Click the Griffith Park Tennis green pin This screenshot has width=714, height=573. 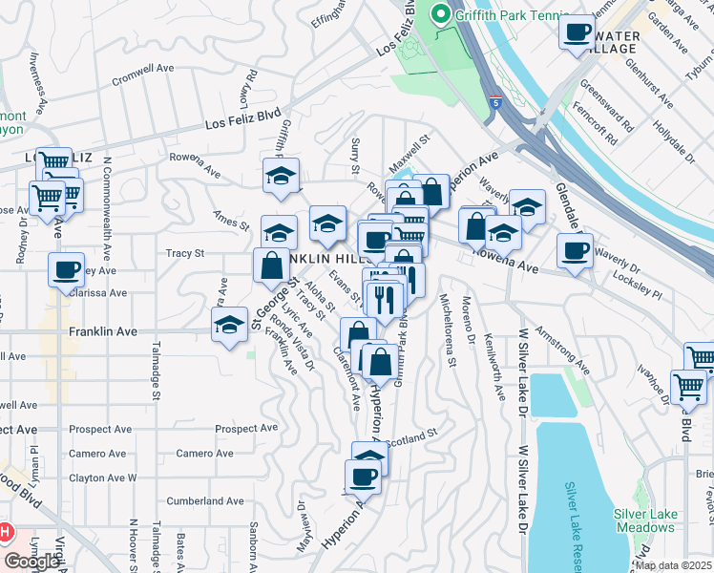coord(440,14)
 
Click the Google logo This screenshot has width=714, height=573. coord(31,562)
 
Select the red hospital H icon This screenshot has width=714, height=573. coord(6,531)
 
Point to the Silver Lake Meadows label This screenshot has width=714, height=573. coord(646,520)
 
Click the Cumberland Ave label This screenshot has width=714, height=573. coord(205,500)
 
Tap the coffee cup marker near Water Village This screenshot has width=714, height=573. coord(576,32)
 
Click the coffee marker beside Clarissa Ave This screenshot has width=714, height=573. coord(66,270)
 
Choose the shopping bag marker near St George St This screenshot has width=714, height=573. coord(271,265)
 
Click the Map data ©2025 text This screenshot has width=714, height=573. coord(673,565)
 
